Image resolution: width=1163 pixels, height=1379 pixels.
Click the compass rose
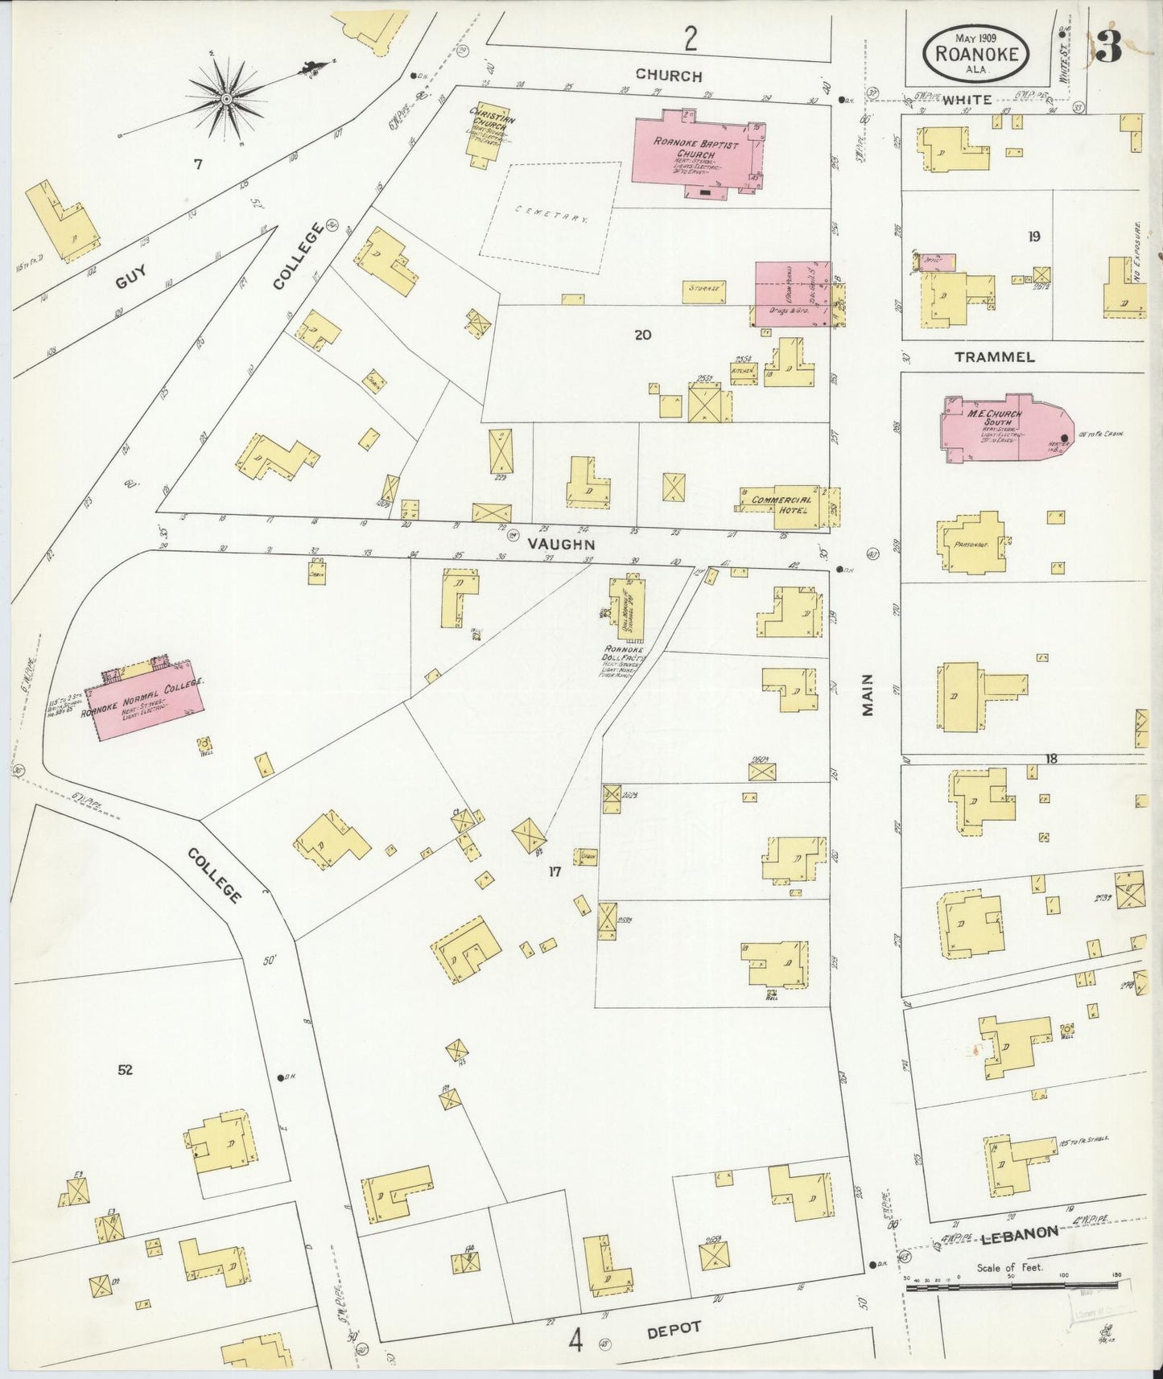coord(227,98)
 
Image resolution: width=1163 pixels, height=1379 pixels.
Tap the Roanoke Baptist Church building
coord(694,153)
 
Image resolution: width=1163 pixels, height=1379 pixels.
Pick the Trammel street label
coord(995,356)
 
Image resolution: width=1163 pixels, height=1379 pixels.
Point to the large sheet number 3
coord(1108,48)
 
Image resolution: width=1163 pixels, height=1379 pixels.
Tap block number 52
coord(125,1069)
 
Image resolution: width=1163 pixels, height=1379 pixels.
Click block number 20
coord(642,335)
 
